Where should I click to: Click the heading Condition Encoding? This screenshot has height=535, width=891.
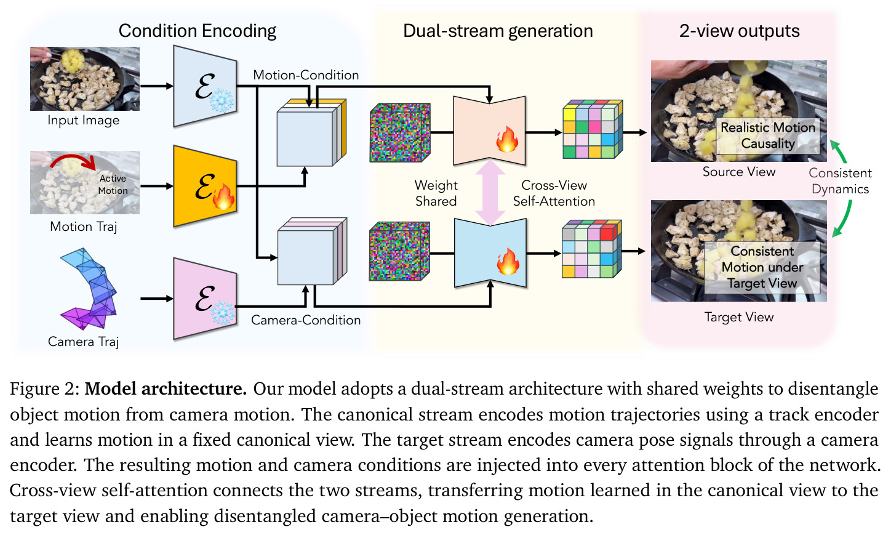[198, 31]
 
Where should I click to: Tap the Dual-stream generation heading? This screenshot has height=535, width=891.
[498, 31]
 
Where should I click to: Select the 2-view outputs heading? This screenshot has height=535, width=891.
[740, 31]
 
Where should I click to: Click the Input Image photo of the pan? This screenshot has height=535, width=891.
[85, 79]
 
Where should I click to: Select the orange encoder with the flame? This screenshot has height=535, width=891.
[206, 187]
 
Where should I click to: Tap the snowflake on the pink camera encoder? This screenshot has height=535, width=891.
[223, 313]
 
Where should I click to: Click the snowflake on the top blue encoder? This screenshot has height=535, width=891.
[222, 100]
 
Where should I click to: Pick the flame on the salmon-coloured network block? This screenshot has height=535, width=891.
[507, 139]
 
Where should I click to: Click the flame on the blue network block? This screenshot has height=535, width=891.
[508, 261]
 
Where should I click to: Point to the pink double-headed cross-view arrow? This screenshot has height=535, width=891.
[490, 193]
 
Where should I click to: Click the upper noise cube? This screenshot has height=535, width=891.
[400, 132]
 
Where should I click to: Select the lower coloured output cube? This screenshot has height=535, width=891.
[592, 249]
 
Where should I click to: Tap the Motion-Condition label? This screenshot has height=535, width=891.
[306, 75]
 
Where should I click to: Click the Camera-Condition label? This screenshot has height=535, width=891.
[306, 320]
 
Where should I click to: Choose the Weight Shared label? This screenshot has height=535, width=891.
[436, 193]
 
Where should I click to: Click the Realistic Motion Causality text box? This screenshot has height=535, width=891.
[768, 135]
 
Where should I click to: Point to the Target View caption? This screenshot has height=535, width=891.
[739, 317]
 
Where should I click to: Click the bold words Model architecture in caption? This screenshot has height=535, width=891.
[166, 389]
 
